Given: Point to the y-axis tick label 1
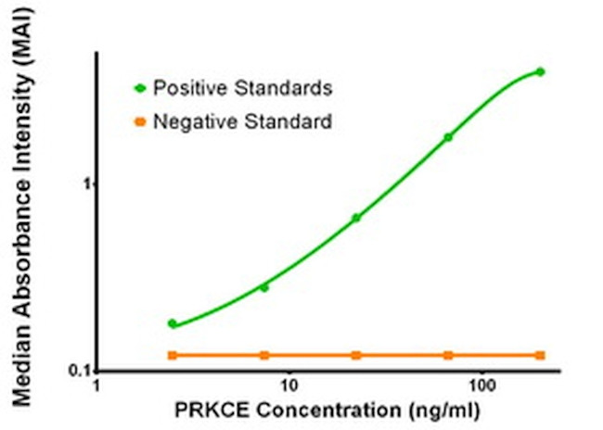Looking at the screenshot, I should click(x=85, y=183).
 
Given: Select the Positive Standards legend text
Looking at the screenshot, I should click(x=242, y=88).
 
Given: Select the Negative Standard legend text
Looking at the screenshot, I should click(x=242, y=120).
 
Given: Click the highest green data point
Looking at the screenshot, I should click(x=541, y=71).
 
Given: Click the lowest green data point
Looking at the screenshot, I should click(x=173, y=323).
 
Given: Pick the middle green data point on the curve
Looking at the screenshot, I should click(x=355, y=218).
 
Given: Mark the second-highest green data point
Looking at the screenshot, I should click(x=448, y=137).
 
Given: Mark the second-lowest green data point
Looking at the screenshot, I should click(x=264, y=287).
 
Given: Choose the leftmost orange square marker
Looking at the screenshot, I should click(x=173, y=355).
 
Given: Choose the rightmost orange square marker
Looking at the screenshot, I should click(x=541, y=355).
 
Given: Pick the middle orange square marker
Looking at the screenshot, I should click(x=355, y=355).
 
